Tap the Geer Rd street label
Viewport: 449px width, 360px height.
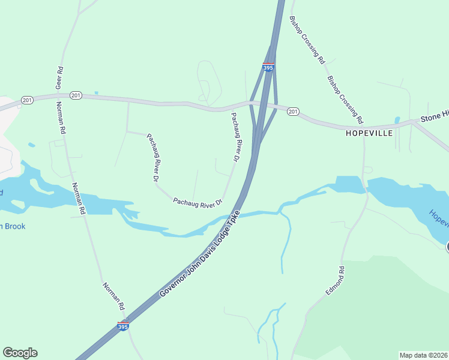[59, 77]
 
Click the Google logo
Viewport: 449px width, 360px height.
[20, 353]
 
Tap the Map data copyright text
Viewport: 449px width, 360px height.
[423, 355]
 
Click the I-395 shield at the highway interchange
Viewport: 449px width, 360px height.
[268, 68]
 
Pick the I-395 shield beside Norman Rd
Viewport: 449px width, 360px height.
[122, 326]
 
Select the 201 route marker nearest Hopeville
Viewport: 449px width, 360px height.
[292, 111]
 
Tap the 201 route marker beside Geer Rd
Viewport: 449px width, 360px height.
[76, 95]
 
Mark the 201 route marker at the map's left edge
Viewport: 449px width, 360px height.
[26, 99]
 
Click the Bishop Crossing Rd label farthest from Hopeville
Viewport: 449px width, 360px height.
[307, 40]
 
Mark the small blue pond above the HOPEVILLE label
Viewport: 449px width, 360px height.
[397, 119]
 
